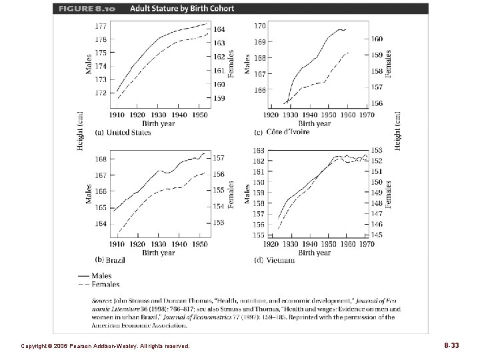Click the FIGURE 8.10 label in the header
point(79,9)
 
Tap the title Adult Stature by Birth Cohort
point(167,9)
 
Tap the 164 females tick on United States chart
point(219,30)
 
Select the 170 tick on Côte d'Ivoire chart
point(260,26)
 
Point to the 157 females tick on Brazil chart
point(219,158)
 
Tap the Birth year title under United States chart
point(158,123)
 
